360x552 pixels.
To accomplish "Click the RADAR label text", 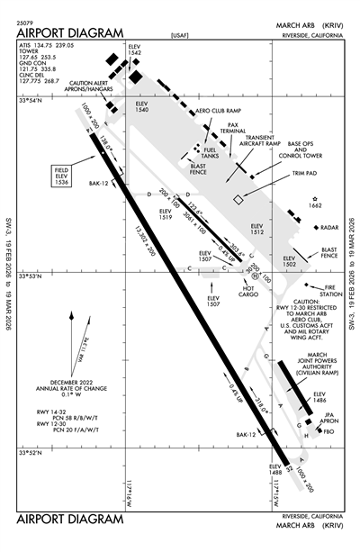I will point(328,228).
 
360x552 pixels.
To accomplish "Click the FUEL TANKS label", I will point(212,152).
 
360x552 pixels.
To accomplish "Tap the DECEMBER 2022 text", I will point(74,382).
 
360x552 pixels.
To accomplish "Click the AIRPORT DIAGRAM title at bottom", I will point(69,520).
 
